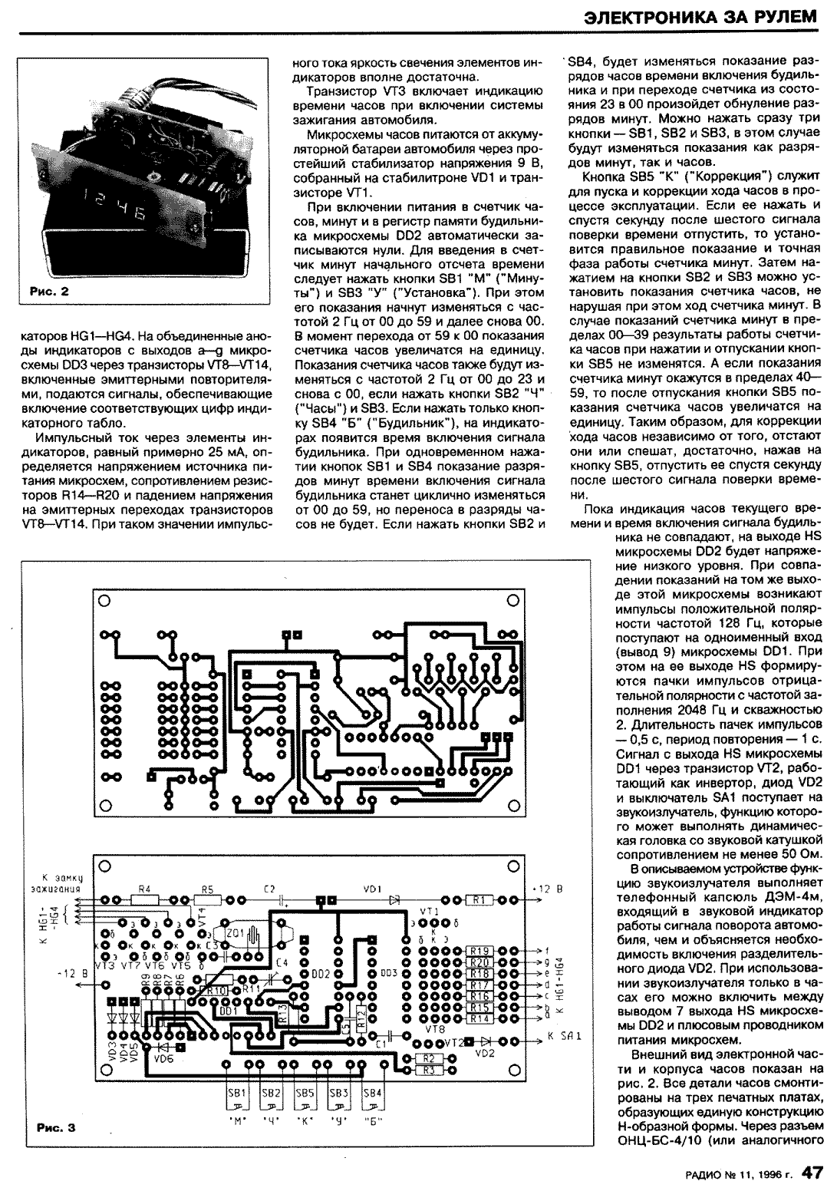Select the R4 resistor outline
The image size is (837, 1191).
(x=143, y=899)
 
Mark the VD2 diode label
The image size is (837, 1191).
(x=485, y=1053)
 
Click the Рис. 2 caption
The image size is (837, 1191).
(x=49, y=291)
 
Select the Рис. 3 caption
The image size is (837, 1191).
(x=56, y=1127)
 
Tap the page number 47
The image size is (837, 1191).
(x=812, y=1172)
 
